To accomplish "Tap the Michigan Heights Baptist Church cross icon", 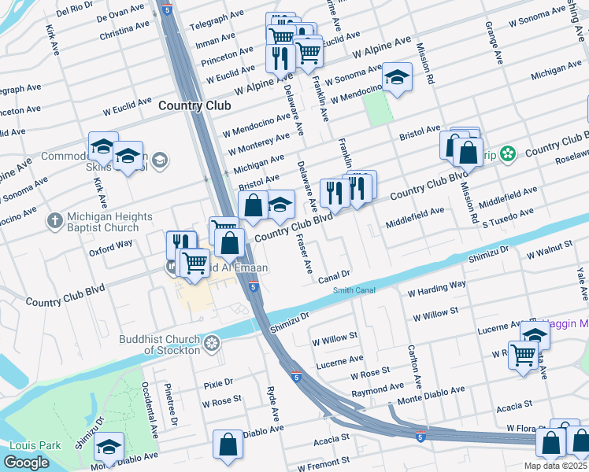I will [54, 220].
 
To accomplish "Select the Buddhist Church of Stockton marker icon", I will [211, 343].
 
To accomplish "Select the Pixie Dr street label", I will [218, 383].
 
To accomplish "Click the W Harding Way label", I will [436, 287].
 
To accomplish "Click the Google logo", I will [26, 463].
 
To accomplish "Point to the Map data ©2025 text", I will [554, 466].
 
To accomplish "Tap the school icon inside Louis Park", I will [109, 446].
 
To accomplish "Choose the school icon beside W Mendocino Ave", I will [398, 77].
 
